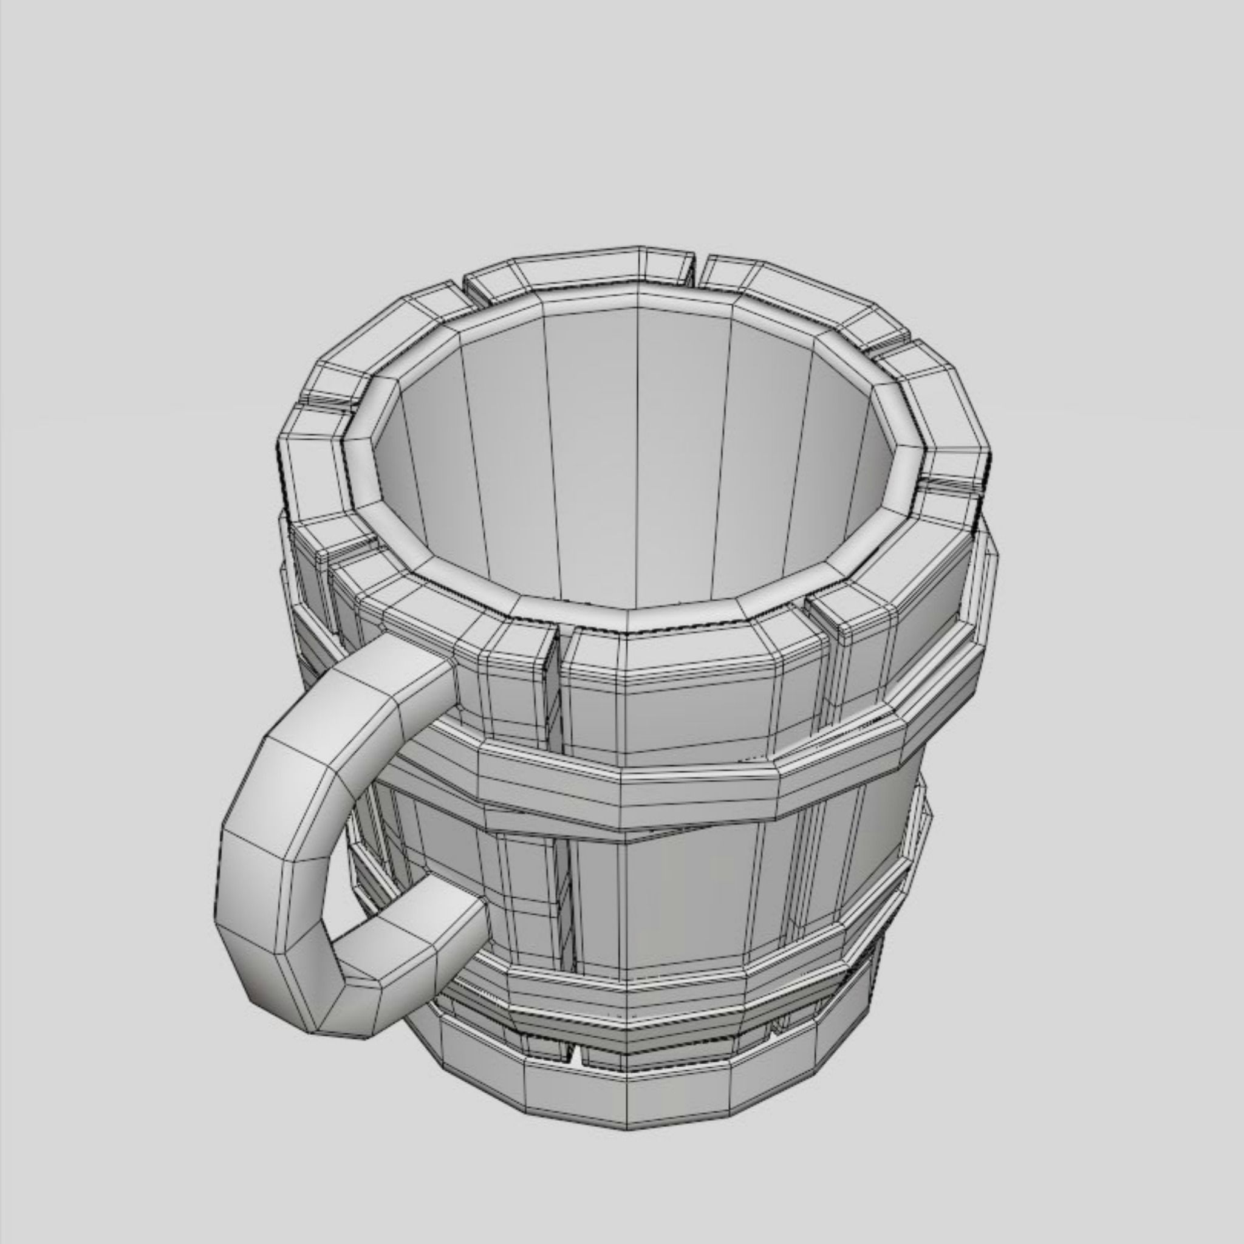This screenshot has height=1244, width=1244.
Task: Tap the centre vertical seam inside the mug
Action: pyautogui.click(x=637, y=451)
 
